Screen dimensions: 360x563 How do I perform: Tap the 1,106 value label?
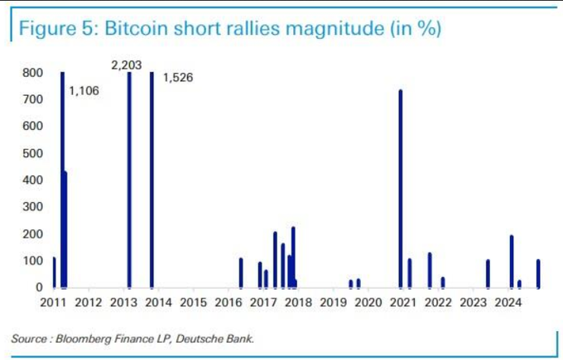coord(84,90)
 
